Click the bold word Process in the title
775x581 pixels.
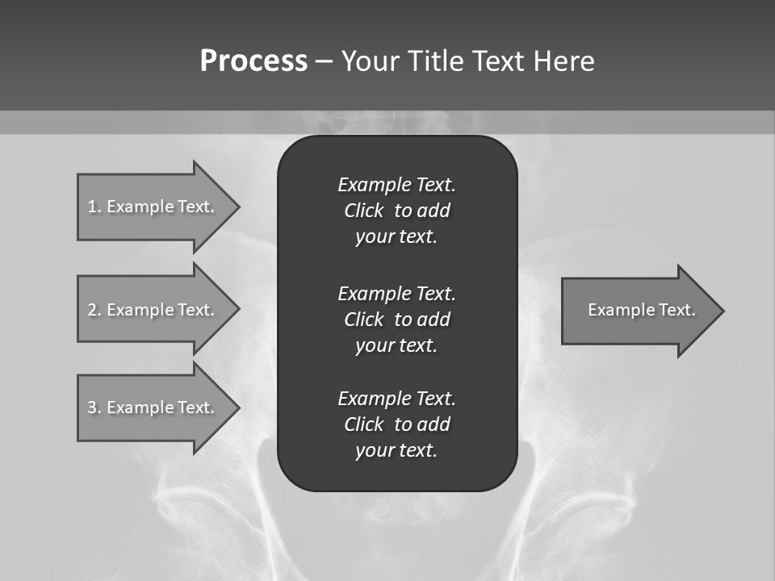pyautogui.click(x=253, y=61)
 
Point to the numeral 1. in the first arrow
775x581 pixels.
pyautogui.click(x=94, y=207)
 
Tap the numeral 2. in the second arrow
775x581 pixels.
pyautogui.click(x=94, y=310)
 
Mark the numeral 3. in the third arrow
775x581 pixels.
pyautogui.click(x=94, y=408)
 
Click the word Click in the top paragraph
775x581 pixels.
pyautogui.click(x=363, y=211)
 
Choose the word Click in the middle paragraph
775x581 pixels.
pyautogui.click(x=363, y=320)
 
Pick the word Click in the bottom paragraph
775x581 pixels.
pyautogui.click(x=363, y=424)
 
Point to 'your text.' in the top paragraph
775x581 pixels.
pyautogui.click(x=396, y=237)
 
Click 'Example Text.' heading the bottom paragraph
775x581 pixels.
pyautogui.click(x=396, y=399)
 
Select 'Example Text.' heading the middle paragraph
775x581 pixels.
pyautogui.click(x=396, y=294)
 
